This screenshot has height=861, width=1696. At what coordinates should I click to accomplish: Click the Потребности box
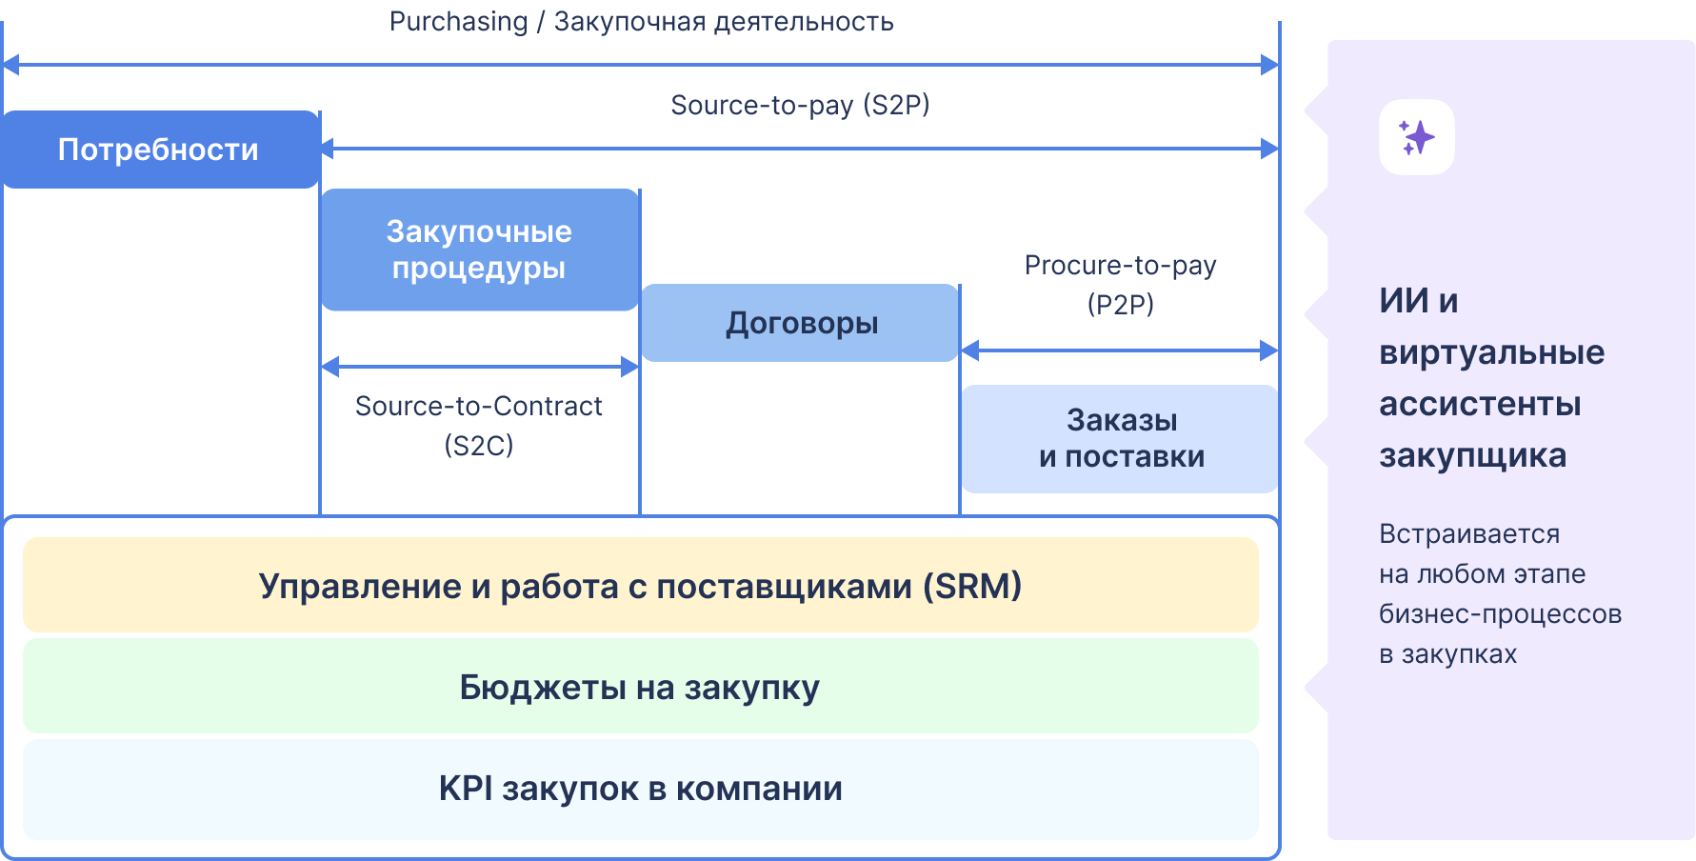[159, 150]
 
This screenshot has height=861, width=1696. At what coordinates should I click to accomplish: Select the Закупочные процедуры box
[479, 250]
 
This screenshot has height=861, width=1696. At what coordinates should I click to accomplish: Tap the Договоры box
[800, 323]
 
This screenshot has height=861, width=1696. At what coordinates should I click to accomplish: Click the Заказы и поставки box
[1120, 438]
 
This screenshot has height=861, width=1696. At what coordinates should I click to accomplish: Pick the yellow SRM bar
[640, 585]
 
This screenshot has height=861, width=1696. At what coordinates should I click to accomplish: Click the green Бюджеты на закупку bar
[640, 687]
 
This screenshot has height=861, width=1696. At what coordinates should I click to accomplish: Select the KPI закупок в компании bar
[640, 789]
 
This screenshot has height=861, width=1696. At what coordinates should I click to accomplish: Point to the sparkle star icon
[1416, 137]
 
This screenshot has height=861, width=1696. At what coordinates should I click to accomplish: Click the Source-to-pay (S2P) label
[800, 105]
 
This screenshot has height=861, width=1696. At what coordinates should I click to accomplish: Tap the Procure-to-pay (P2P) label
[1120, 284]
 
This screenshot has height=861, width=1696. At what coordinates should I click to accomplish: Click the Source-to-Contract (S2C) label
[478, 425]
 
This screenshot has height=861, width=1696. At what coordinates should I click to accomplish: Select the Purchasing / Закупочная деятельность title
[641, 21]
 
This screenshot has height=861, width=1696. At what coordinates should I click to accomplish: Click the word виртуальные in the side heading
[1491, 352]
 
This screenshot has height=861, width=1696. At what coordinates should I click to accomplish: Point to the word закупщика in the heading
[1472, 455]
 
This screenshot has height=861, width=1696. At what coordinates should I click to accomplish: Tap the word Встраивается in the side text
[1468, 533]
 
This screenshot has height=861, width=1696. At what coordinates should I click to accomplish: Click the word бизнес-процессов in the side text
[1500, 613]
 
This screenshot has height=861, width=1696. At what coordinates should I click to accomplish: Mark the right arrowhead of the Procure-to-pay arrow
[1269, 350]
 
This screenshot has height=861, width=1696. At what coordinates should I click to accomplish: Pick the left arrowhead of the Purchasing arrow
[10, 65]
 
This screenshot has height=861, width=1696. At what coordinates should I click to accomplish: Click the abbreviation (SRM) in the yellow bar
[972, 585]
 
